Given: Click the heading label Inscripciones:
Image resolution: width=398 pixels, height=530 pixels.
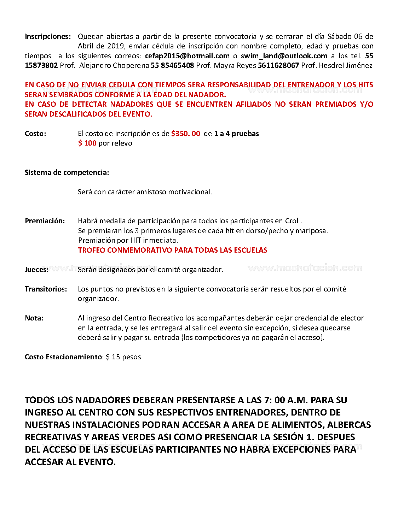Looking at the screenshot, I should click(48, 36).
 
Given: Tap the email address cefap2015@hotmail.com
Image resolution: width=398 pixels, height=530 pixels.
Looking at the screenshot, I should click(187, 56).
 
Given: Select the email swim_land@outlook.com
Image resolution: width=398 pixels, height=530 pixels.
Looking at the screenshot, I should click(284, 56).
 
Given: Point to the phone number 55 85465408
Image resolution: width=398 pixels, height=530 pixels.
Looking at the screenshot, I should click(172, 65).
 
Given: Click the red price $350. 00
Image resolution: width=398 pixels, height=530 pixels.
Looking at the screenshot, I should click(186, 134).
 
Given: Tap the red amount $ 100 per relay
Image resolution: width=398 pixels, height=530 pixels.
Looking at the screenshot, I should click(87, 143).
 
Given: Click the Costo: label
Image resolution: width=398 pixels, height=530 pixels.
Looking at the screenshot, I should click(35, 134).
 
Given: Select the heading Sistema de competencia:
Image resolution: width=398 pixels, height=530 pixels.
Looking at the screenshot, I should click(67, 172).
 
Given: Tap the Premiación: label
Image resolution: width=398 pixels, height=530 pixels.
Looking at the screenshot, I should click(45, 221).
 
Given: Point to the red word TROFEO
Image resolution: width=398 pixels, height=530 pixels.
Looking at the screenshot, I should click(92, 250).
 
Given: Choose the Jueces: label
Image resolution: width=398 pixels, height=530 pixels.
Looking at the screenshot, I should click(37, 270).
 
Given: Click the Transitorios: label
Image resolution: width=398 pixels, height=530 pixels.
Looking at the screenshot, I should click(46, 289).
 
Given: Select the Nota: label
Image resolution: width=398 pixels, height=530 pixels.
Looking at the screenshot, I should click(34, 318).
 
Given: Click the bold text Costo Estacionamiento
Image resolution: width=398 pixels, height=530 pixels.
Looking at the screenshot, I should click(63, 357).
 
